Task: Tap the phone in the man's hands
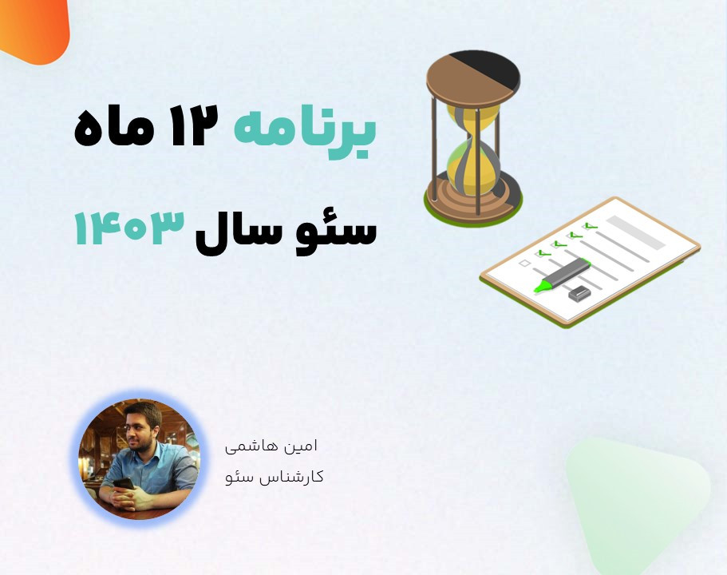[x=125, y=484]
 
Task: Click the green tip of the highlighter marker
[x=543, y=286]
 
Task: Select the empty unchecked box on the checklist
[x=525, y=263]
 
